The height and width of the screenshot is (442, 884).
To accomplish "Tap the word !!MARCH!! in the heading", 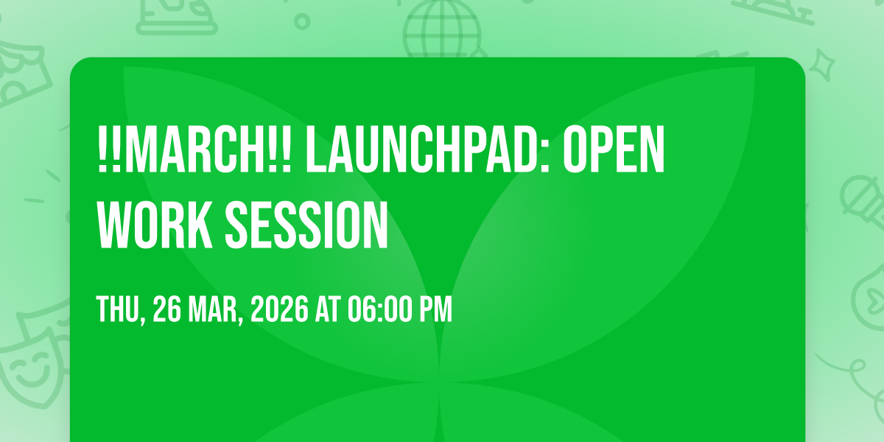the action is pos(194,149).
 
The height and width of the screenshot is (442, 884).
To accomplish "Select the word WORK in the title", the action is pos(155,225).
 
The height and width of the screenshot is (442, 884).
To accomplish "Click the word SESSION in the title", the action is pos(306,225).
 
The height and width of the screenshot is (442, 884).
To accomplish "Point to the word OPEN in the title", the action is pos(614,149).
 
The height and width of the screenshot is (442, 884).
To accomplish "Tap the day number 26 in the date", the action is pos(167,310).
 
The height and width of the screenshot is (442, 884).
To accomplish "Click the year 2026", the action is pos(279,310).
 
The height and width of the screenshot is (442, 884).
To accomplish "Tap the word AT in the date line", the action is pos(328,310).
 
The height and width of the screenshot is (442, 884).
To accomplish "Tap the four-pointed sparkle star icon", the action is pos(822,65).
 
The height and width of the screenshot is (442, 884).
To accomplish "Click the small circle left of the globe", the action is pos(302,21).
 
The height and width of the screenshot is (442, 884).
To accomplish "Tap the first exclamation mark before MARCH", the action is pos(102,149).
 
